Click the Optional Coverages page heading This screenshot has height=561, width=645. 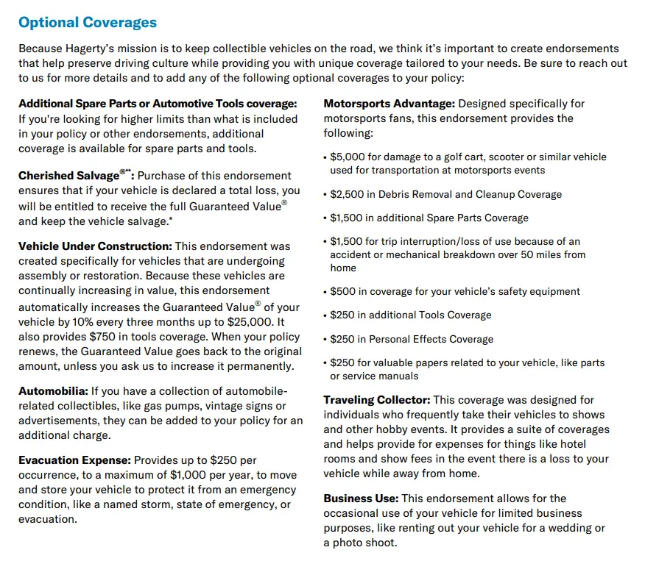(x=88, y=22)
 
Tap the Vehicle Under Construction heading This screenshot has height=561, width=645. (x=95, y=246)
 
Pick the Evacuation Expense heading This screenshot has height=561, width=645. (x=74, y=460)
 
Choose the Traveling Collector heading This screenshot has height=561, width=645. (x=376, y=400)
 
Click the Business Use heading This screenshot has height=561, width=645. (x=360, y=499)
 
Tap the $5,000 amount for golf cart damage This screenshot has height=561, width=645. (x=347, y=157)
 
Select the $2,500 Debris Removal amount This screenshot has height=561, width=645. (x=347, y=194)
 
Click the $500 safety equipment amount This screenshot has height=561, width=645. (x=343, y=291)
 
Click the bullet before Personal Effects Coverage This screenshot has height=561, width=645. (x=325, y=340)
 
